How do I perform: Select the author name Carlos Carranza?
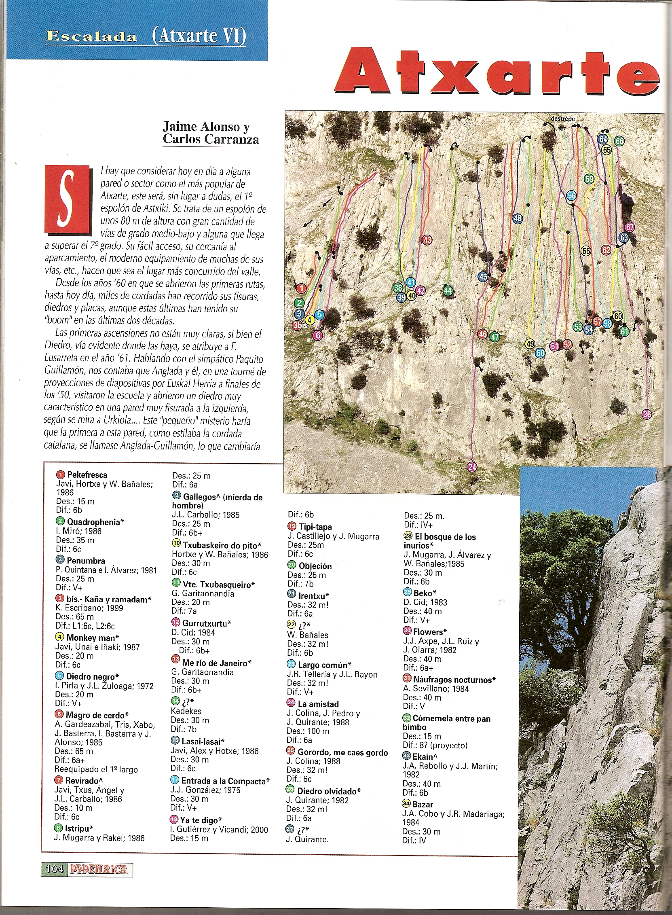211,139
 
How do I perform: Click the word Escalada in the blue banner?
91,37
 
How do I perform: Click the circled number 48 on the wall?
518,218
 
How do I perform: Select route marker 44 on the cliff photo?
448,290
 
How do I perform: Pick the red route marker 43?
427,240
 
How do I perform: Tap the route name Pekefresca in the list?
87,475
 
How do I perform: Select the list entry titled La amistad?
318,704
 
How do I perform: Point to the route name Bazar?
423,804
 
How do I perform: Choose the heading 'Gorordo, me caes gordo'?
342,753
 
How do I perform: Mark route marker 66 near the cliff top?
619,141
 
